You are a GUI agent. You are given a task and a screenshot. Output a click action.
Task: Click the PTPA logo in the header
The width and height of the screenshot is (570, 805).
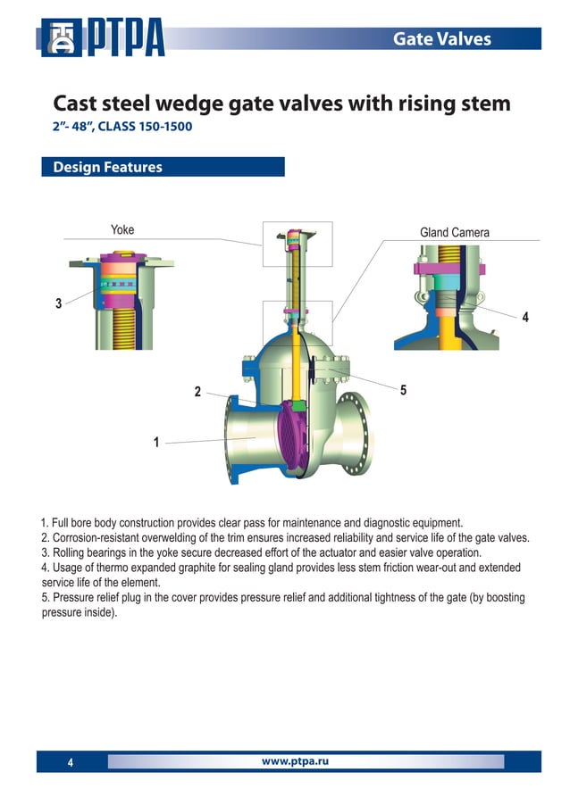pos(103,38)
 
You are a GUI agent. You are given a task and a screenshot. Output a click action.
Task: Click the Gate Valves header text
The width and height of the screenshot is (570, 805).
pos(442,38)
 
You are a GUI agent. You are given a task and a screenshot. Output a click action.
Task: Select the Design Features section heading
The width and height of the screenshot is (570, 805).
pos(107,167)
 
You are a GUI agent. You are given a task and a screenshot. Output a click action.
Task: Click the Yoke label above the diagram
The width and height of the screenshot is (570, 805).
pos(122,230)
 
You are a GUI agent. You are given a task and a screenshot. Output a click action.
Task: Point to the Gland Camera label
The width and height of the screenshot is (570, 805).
pos(454,233)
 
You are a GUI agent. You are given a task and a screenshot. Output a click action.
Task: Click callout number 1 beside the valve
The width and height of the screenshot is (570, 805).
pos(156,442)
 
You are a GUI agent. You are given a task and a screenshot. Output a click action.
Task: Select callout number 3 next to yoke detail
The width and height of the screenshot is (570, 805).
pos(58,303)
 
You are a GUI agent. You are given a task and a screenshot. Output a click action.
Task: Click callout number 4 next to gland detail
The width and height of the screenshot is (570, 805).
pos(525,317)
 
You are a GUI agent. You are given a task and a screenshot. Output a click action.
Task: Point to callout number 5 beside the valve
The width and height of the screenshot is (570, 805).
pos(403,390)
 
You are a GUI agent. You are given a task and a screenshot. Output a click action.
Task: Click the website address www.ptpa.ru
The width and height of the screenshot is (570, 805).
pos(295,760)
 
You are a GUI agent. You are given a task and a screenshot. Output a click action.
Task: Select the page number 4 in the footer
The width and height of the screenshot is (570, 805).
pos(71,762)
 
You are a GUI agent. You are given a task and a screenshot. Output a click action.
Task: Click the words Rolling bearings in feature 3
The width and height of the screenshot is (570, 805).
pos(88,552)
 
